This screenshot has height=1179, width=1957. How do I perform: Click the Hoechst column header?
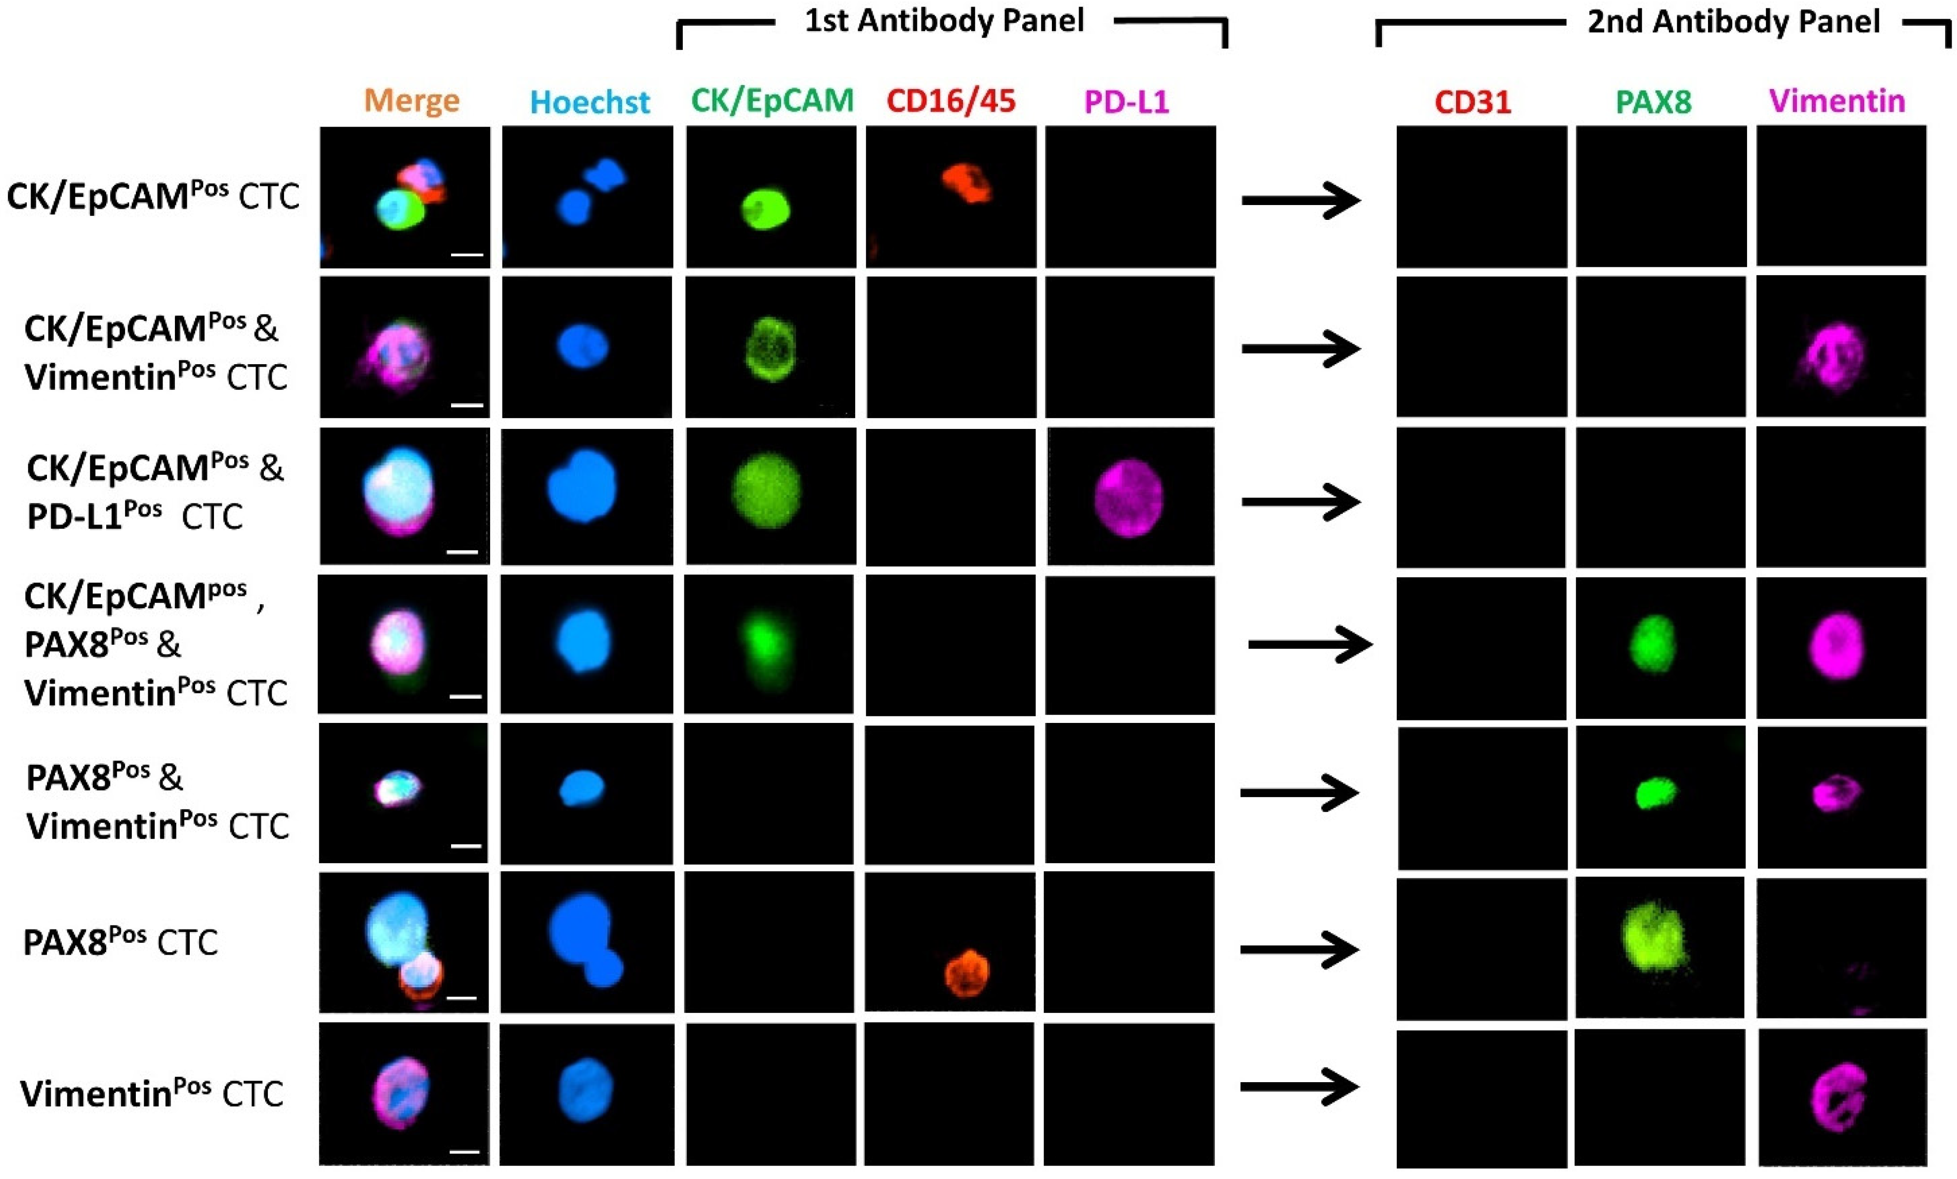click(x=589, y=102)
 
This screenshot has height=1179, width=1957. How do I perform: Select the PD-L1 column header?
click(x=1126, y=102)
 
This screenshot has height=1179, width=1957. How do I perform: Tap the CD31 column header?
click(x=1472, y=102)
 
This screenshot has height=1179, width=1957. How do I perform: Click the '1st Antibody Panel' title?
click(x=944, y=21)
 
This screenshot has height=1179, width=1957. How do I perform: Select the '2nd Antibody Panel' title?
click(x=1733, y=21)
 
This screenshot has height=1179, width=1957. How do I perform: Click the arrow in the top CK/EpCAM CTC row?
click(x=1300, y=200)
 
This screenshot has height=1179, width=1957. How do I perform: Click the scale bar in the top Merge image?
click(x=467, y=255)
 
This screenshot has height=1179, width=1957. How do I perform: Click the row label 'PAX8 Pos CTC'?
click(x=120, y=942)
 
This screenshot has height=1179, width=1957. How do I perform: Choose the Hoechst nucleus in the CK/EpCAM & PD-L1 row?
click(x=582, y=485)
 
